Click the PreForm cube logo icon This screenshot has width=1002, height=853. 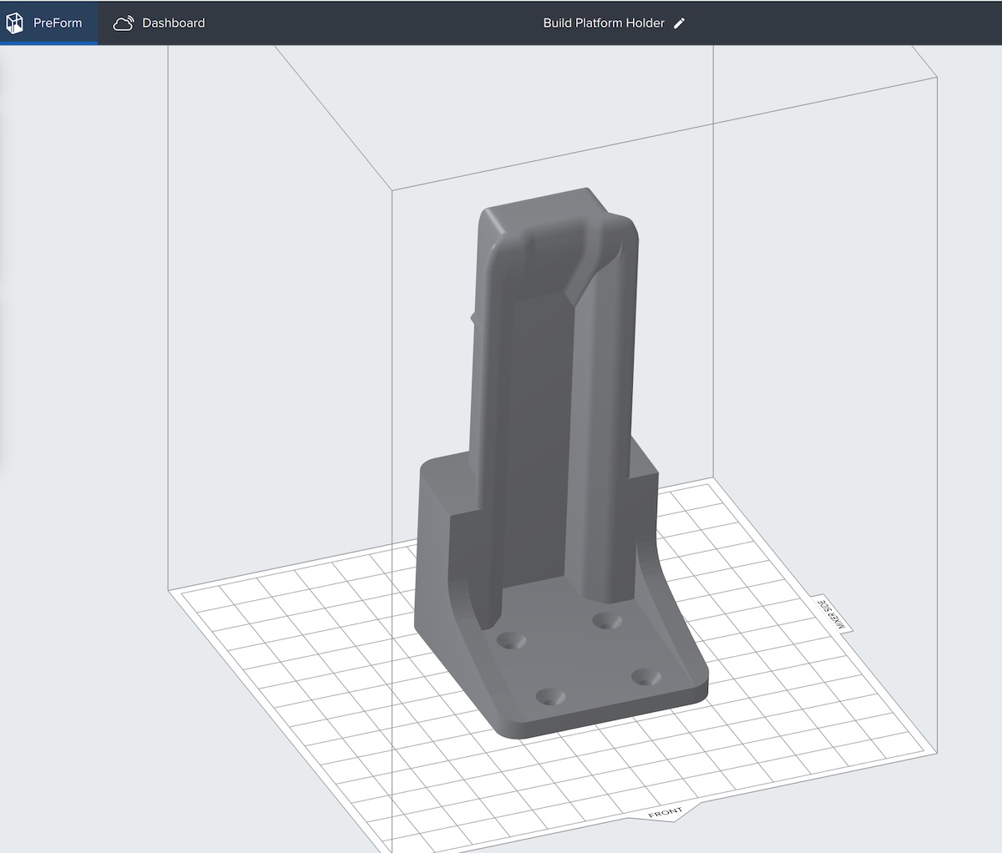tap(14, 23)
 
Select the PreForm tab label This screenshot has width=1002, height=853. tap(58, 23)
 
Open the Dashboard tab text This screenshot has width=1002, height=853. tap(173, 23)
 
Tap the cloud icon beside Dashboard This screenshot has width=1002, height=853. tap(124, 23)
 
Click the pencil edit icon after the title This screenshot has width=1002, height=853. tap(679, 23)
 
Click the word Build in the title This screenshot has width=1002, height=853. tap(558, 23)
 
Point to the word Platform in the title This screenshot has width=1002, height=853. tap(601, 23)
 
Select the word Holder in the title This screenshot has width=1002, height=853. tap(646, 23)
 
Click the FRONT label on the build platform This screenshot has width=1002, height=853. tap(665, 812)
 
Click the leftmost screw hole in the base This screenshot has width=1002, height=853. tap(510, 640)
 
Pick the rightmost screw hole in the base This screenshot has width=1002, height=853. tap(645, 676)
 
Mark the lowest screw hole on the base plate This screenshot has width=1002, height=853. tap(549, 697)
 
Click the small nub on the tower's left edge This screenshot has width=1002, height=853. tap(473, 316)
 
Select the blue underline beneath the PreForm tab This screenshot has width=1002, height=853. tap(48, 43)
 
